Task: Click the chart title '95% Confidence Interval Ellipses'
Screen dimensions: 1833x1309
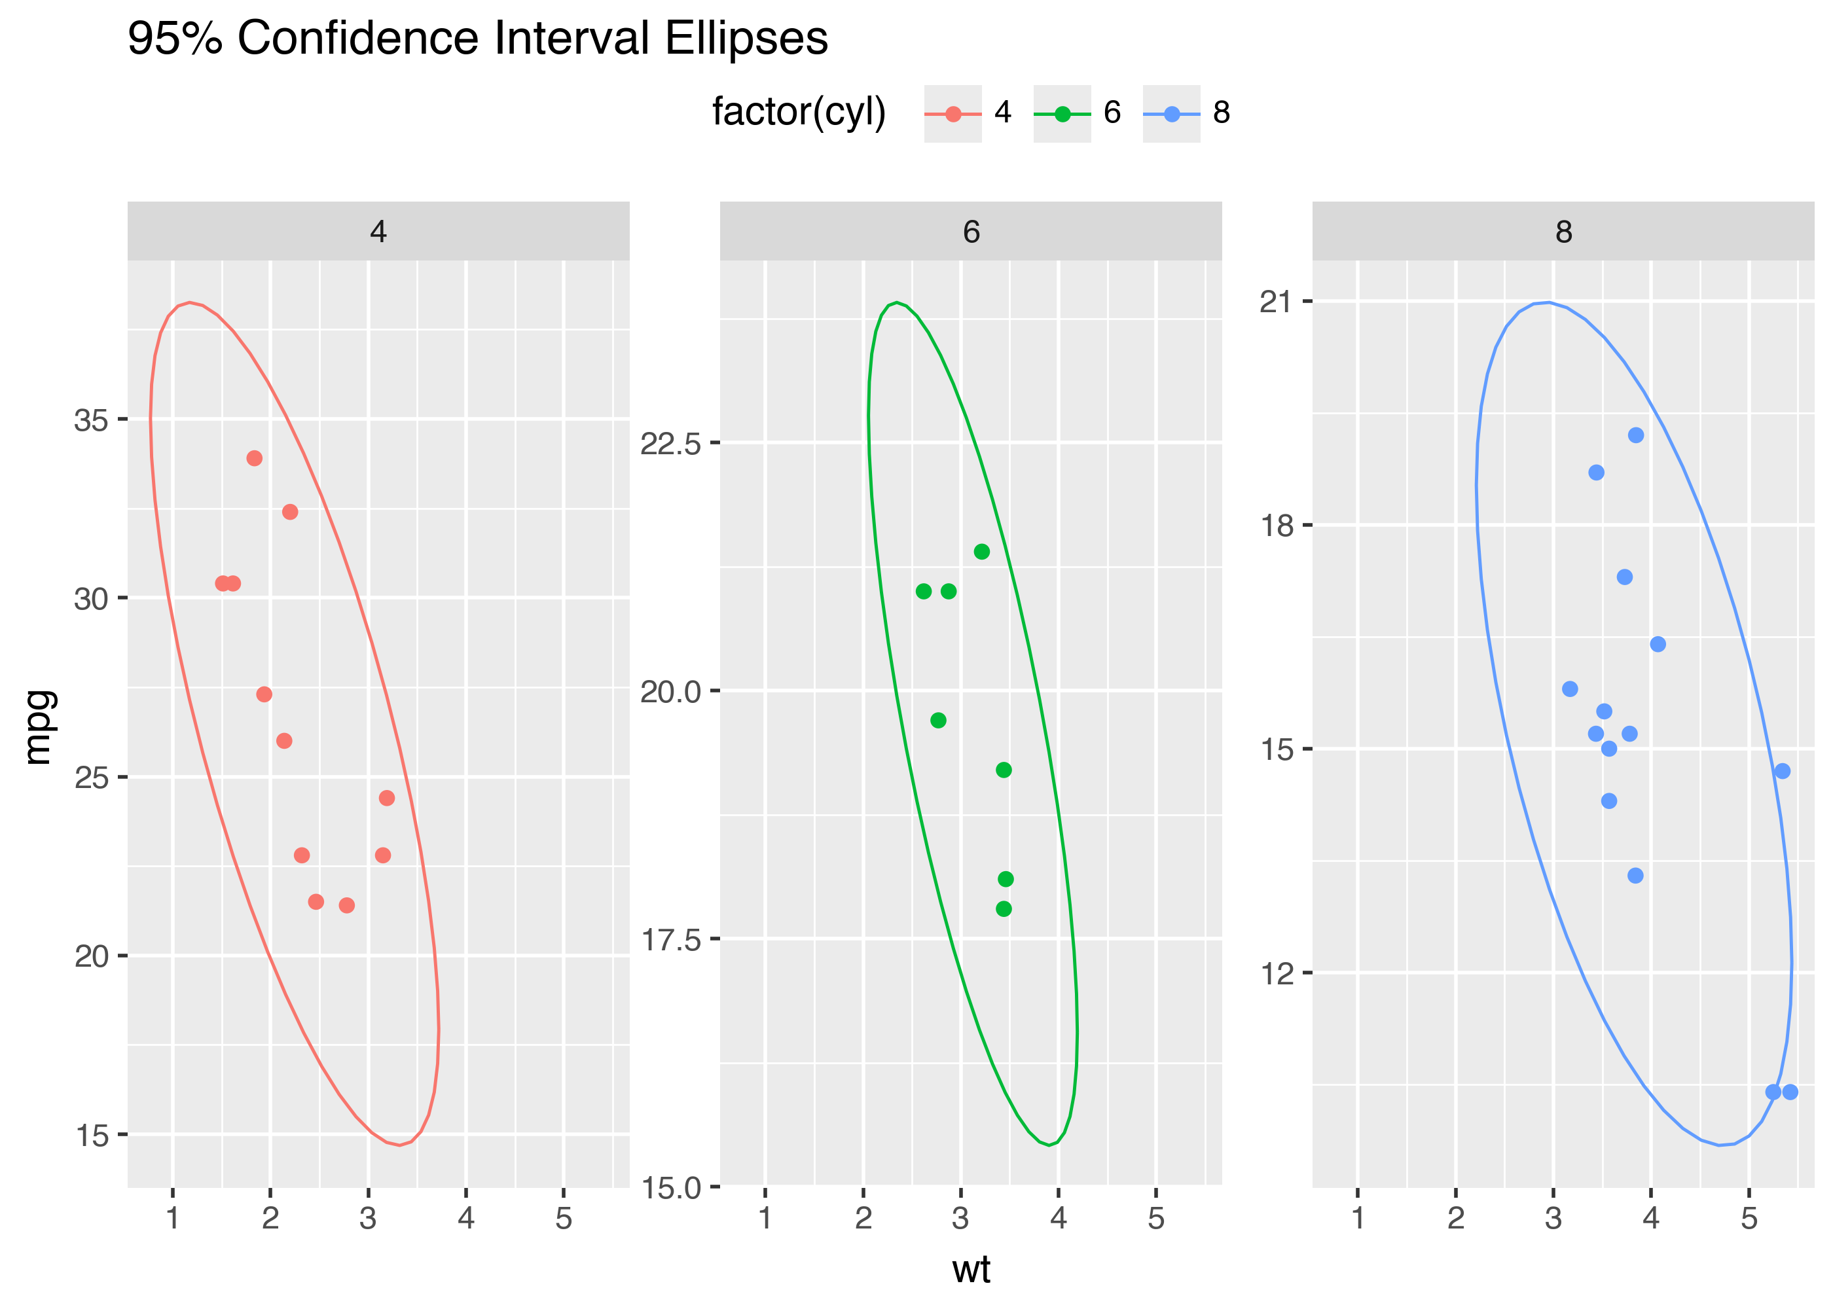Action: point(477,38)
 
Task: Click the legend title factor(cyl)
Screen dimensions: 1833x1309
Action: point(799,112)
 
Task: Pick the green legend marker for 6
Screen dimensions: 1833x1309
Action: point(1062,114)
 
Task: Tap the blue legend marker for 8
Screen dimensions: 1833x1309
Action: point(1171,114)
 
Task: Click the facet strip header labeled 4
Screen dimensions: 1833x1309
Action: point(378,231)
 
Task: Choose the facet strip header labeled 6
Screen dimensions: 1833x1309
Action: point(970,231)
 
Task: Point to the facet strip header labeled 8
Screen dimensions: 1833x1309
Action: point(1563,231)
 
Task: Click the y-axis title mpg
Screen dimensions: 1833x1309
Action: point(39,727)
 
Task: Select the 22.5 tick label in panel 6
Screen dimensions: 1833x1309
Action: point(670,443)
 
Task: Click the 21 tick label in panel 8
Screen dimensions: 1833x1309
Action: point(1275,302)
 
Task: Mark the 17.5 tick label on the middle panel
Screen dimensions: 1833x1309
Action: point(670,940)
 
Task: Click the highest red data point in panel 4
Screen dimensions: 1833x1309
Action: point(254,458)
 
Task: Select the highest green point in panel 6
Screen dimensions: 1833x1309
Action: point(981,551)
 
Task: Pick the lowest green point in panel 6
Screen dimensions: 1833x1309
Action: point(1003,908)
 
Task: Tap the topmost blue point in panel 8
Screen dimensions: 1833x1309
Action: point(1635,435)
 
